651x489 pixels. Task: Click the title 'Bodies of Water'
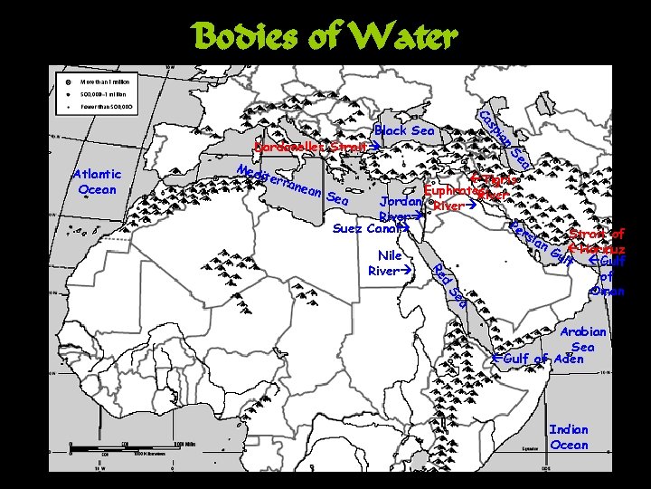click(325, 37)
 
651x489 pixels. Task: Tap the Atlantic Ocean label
click(99, 182)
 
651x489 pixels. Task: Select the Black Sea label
click(405, 131)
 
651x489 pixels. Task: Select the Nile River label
click(390, 263)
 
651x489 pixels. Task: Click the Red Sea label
click(448, 283)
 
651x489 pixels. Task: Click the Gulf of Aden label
click(543, 360)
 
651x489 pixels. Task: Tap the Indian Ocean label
click(569, 437)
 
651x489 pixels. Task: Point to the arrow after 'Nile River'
click(407, 271)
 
